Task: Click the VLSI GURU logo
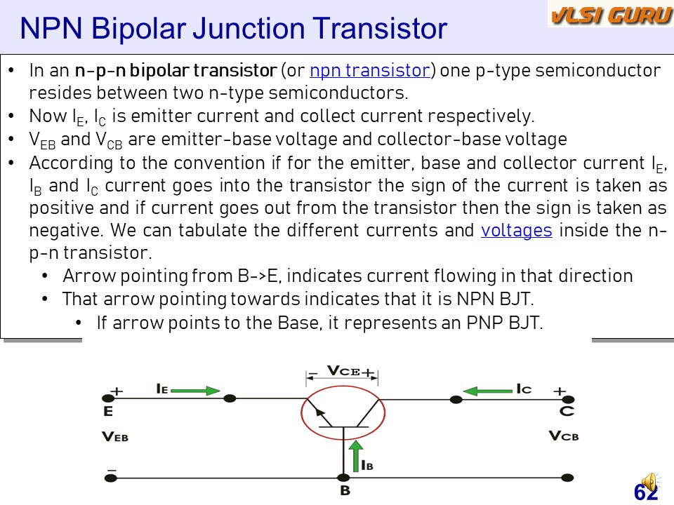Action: tap(610, 15)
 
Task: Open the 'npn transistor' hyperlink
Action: tap(370, 70)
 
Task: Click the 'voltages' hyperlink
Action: tap(516, 231)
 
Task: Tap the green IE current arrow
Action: tap(196, 391)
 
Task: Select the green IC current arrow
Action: tap(488, 391)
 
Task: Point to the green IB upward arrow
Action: tap(356, 456)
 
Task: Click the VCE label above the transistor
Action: tap(343, 370)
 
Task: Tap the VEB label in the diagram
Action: tap(115, 437)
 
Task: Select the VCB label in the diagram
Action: tap(564, 436)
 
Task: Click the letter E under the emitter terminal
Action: tap(108, 412)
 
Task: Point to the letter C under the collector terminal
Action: tap(567, 412)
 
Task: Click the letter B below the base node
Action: tap(345, 490)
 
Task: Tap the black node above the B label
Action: tap(343, 478)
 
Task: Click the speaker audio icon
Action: tap(649, 483)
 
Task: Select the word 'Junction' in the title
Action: tap(249, 28)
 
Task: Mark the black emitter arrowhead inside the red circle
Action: tap(320, 412)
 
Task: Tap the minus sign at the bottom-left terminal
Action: tap(112, 470)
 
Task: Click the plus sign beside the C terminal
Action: tap(560, 391)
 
